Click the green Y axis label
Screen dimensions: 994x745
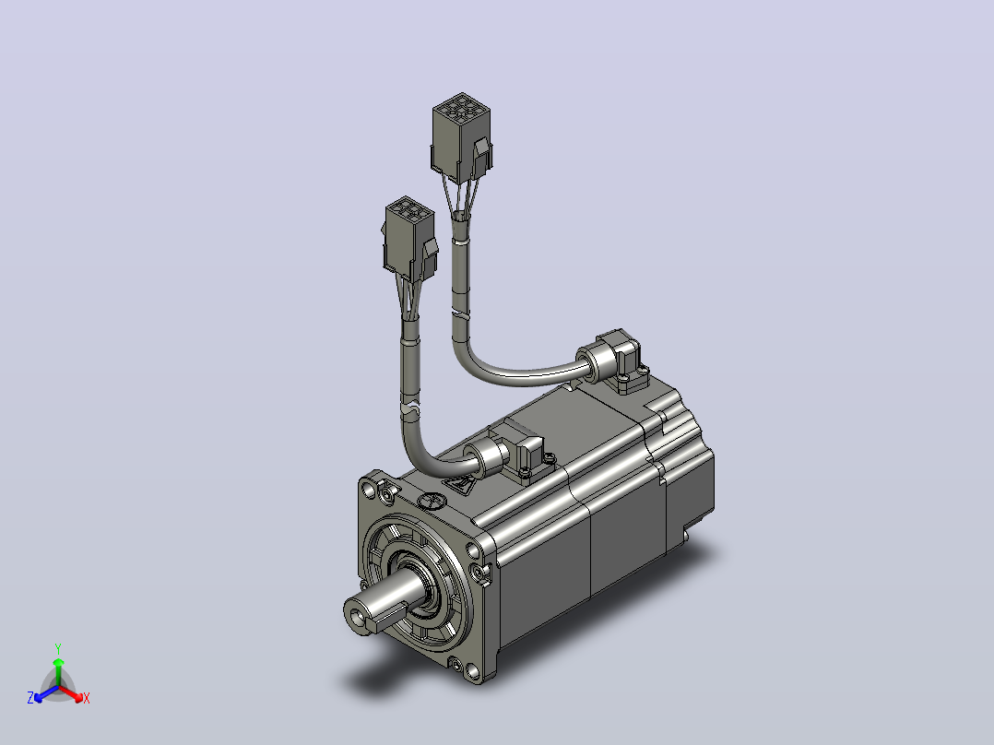pos(58,648)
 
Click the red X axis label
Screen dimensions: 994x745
pos(87,698)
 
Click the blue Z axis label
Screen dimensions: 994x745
pos(30,697)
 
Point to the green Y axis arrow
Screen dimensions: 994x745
pos(58,671)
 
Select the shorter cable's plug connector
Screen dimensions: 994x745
pos(410,239)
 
